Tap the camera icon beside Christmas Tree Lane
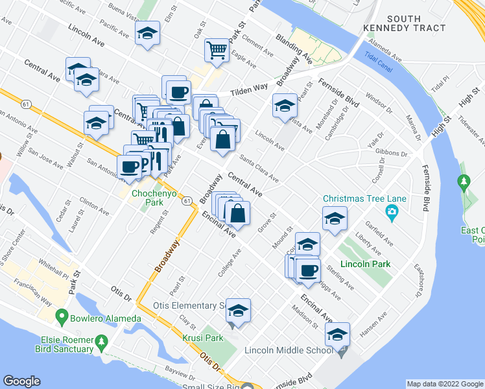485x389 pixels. [x=392, y=211]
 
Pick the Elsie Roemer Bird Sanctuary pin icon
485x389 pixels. [x=101, y=340]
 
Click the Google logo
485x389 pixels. [x=21, y=381]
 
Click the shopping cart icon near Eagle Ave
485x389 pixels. [x=217, y=49]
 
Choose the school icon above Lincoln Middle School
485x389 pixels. [x=337, y=335]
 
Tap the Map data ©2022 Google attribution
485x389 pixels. [x=445, y=384]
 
